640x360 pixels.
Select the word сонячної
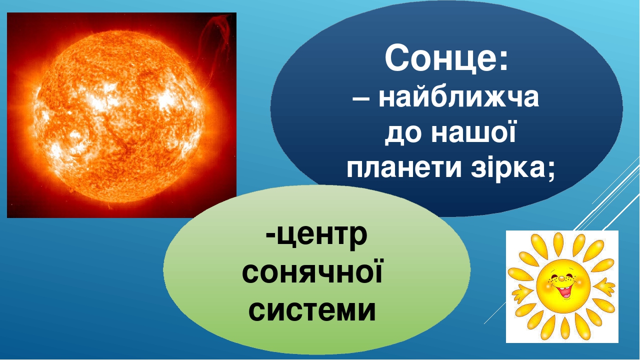coord(312,274)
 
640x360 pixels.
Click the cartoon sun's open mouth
coord(563,289)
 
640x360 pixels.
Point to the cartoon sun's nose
coord(561,278)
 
